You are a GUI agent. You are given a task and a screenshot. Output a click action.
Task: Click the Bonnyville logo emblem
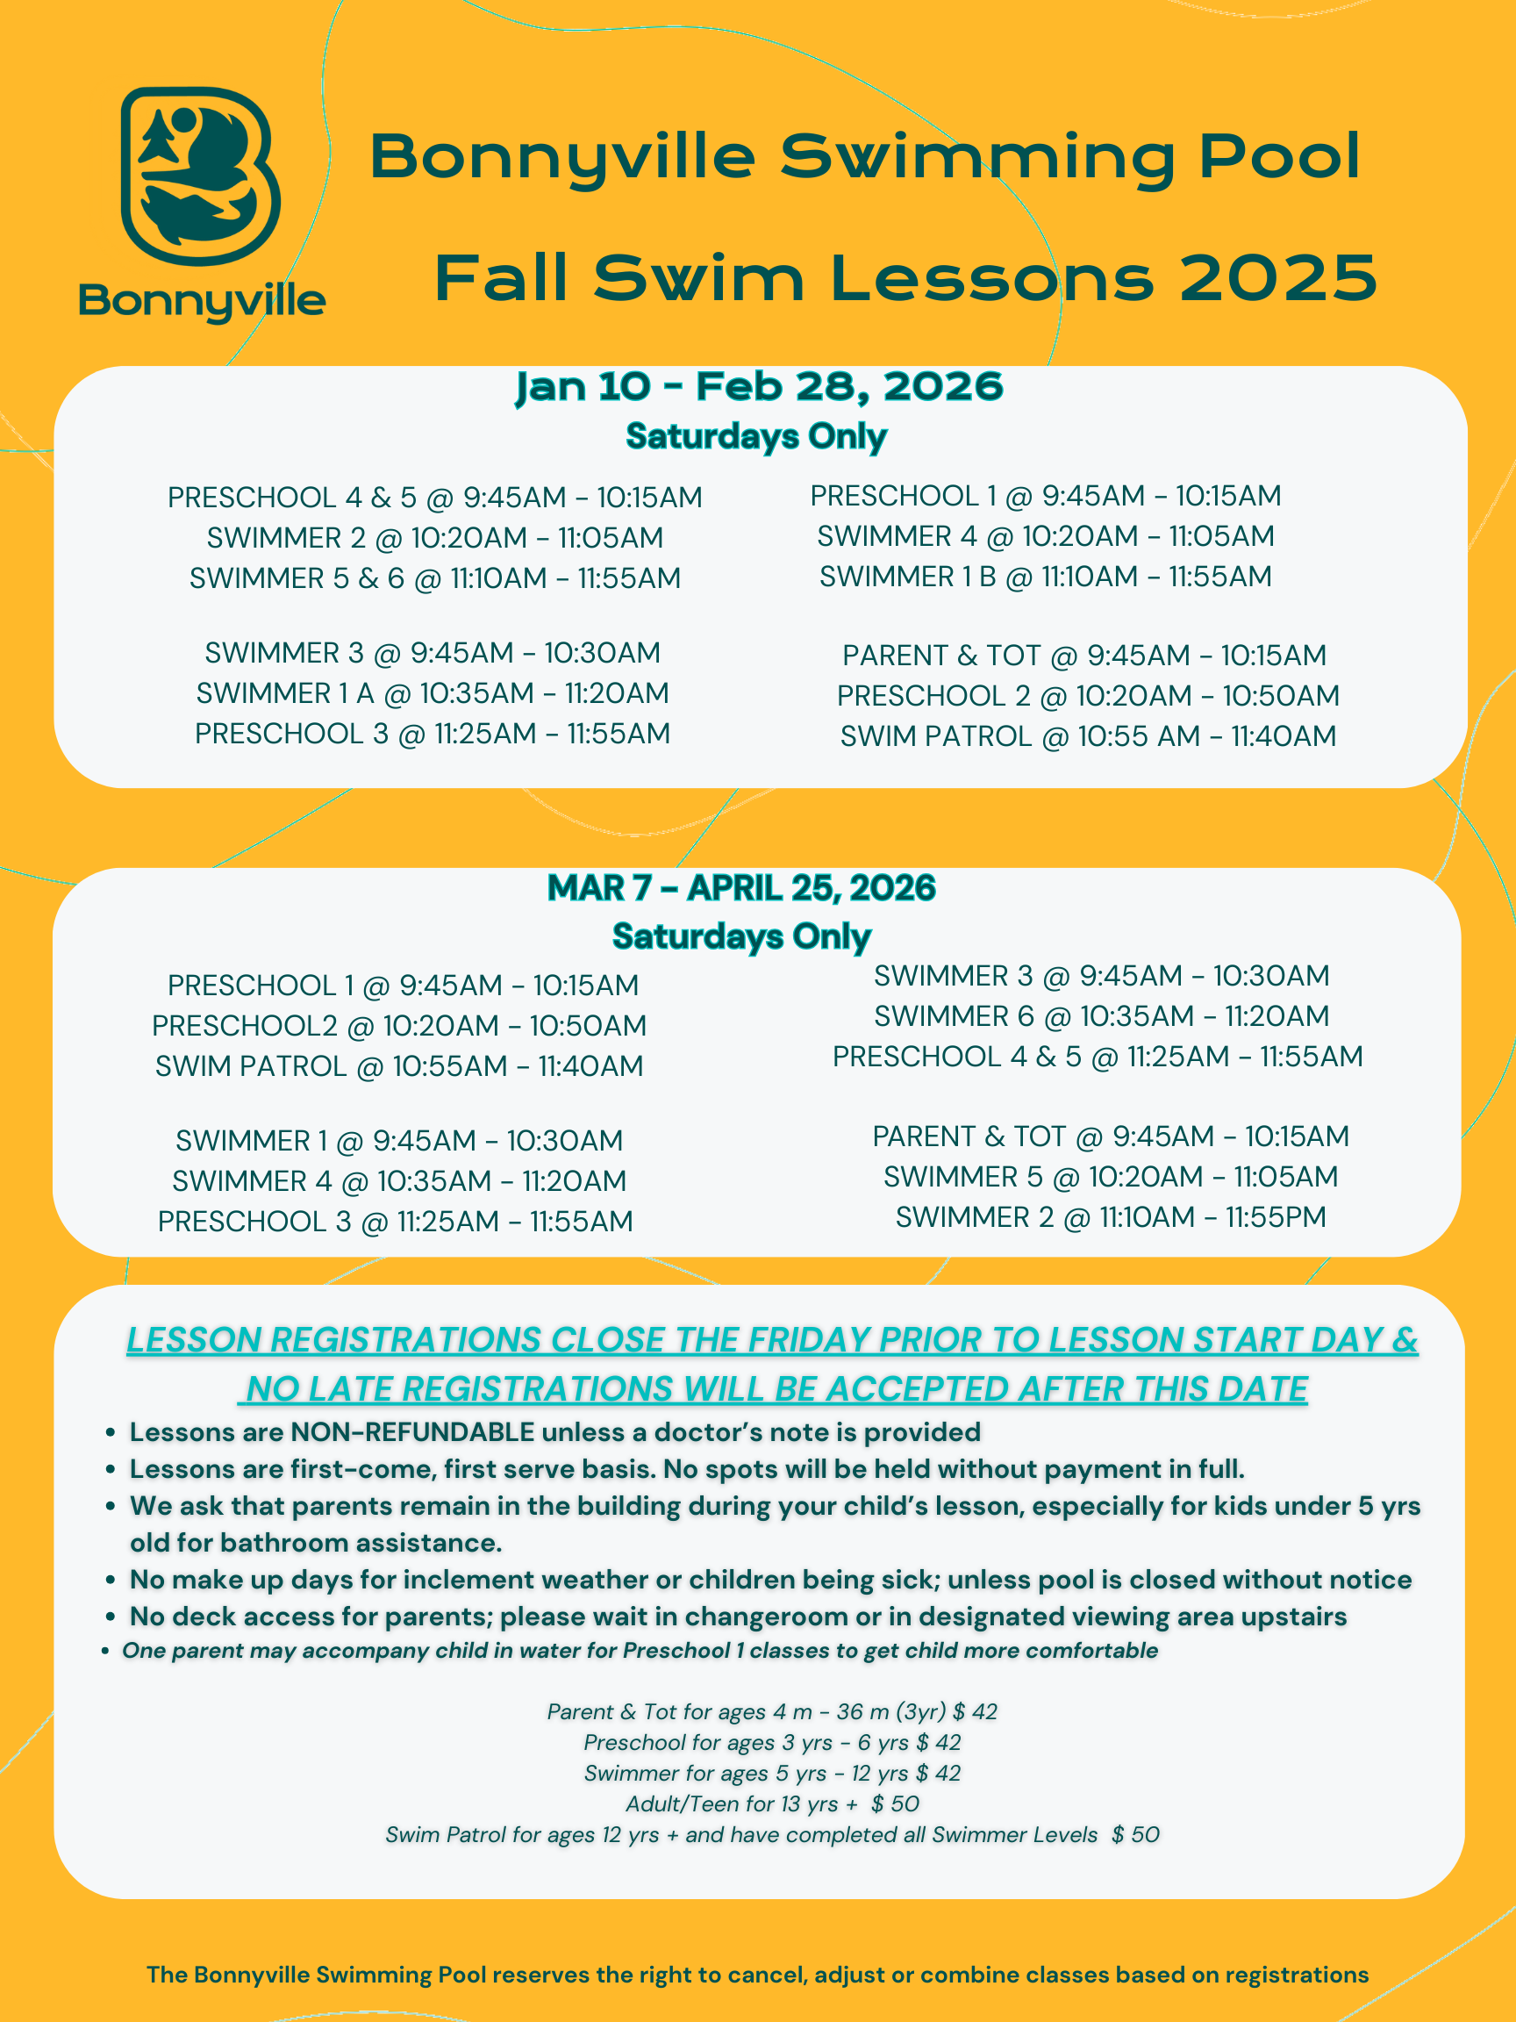pos(200,176)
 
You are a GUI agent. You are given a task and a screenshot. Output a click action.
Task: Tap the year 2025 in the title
pos(1277,278)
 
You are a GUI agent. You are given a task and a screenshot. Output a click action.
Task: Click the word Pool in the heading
pos(1278,156)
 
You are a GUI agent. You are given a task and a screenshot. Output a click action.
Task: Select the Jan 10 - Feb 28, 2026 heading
pos(759,387)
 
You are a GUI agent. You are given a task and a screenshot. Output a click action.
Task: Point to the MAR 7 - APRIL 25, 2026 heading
pos(741,887)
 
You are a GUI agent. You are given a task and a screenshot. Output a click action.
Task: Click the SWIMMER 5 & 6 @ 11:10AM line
pos(435,578)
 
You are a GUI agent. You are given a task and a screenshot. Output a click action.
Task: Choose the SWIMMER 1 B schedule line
pos(1046,577)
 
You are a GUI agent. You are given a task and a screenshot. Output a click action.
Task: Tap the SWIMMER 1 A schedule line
pos(433,694)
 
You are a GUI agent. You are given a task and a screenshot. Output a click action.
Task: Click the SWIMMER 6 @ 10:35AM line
pos(1101,1016)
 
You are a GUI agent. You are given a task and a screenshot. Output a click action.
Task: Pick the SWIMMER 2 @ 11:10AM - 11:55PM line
pos(1111,1217)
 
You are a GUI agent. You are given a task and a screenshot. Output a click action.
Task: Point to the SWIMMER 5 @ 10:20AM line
pos(1111,1178)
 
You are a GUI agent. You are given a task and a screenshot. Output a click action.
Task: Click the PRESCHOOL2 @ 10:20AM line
pos(398,1027)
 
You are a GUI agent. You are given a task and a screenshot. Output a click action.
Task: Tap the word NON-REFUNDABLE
pos(412,1432)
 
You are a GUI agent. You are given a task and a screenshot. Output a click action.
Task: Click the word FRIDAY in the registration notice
pos(808,1340)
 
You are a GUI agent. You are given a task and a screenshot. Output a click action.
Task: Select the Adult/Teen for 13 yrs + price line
pos(772,1804)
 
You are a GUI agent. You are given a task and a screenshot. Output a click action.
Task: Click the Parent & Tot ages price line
pos(772,1712)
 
